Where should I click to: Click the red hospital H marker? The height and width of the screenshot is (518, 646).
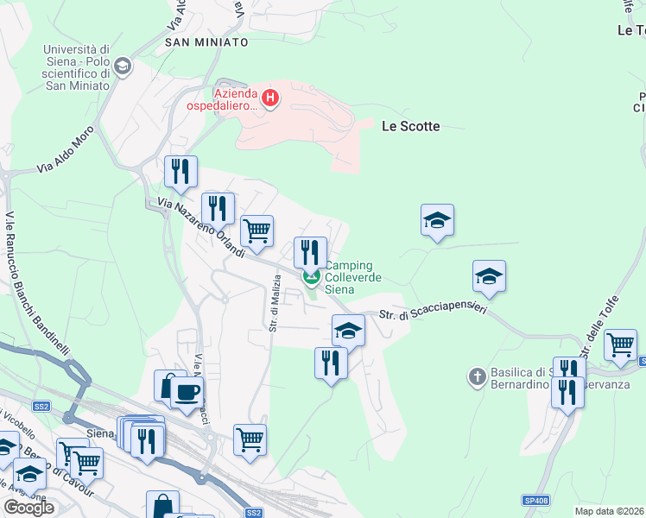pos(270,98)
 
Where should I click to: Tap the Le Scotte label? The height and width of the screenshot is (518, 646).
pos(410,126)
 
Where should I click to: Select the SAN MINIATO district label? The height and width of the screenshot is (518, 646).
pos(206,41)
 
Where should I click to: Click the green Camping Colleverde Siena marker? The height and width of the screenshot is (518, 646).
pos(311,277)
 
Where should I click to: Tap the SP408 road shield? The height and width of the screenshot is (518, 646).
pos(535,500)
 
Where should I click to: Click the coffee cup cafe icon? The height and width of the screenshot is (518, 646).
pos(187,393)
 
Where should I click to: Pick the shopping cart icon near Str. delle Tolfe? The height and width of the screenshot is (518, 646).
pos(620,344)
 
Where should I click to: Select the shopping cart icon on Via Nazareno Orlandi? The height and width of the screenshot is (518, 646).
pos(256,231)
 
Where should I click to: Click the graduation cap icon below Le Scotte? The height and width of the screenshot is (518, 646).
pos(437,220)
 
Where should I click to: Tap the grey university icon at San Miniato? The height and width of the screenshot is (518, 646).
pos(122,66)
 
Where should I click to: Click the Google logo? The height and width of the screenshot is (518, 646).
pos(28,508)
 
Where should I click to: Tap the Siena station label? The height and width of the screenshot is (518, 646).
pos(101,433)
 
